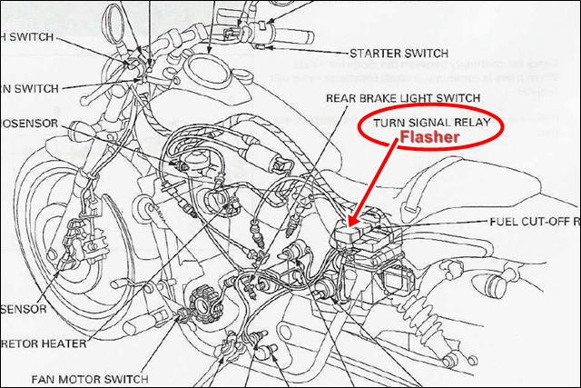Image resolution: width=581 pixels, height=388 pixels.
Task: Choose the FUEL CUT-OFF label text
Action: coord(534,221)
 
